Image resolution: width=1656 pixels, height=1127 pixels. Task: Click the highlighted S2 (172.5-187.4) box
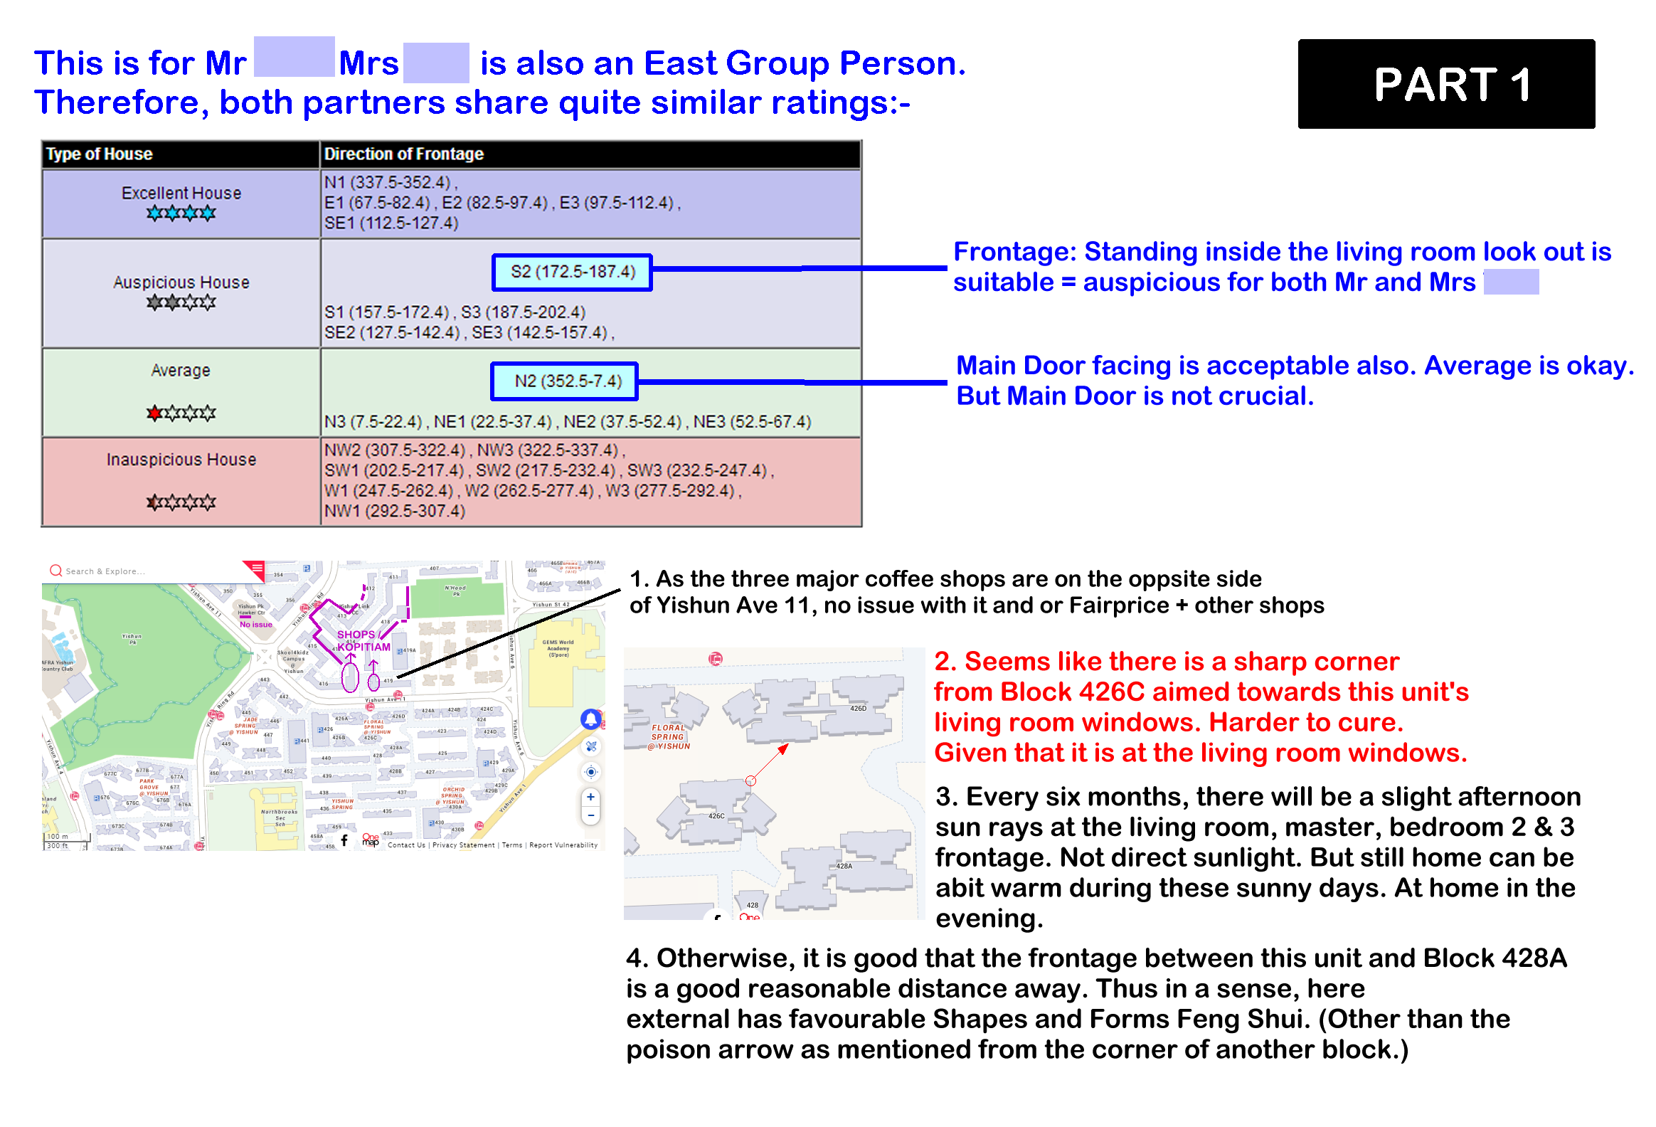pyautogui.click(x=572, y=272)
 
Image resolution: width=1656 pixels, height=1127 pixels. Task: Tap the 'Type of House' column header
pyautogui.click(x=99, y=154)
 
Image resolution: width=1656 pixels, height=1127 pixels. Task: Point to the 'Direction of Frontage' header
pyautogui.click(x=403, y=154)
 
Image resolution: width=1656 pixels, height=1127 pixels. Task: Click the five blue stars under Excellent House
pyautogui.click(x=181, y=213)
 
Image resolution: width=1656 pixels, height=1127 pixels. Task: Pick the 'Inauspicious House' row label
pyautogui.click(x=181, y=460)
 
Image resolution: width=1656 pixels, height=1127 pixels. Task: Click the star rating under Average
pyautogui.click(x=181, y=413)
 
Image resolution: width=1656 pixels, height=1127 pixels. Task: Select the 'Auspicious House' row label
pyautogui.click(x=181, y=282)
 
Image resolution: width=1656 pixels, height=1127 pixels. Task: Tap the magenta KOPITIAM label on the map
pyautogui.click(x=363, y=647)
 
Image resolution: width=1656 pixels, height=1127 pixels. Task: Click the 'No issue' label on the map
pyautogui.click(x=256, y=625)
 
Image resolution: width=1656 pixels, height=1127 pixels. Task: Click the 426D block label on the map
pyautogui.click(x=858, y=709)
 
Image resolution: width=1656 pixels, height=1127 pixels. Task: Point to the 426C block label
pyautogui.click(x=716, y=816)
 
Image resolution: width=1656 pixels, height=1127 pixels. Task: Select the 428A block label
pyautogui.click(x=844, y=866)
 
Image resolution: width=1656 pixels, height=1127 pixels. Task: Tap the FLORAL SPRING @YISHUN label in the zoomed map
pyautogui.click(x=669, y=737)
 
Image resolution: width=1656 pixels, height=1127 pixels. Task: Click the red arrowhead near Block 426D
pyautogui.click(x=783, y=748)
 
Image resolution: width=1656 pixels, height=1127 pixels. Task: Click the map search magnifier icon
pyautogui.click(x=55, y=571)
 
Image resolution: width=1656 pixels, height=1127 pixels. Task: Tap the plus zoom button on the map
pyautogui.click(x=590, y=797)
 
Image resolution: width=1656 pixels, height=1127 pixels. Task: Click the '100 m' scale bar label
pyautogui.click(x=58, y=837)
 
